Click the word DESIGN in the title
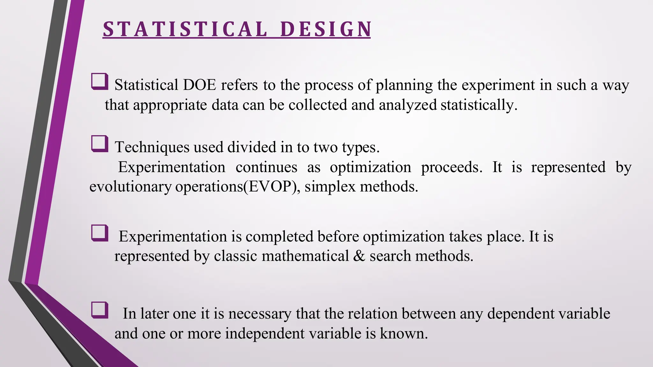326,29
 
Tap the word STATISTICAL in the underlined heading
185,29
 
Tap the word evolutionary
130,187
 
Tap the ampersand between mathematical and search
359,256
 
